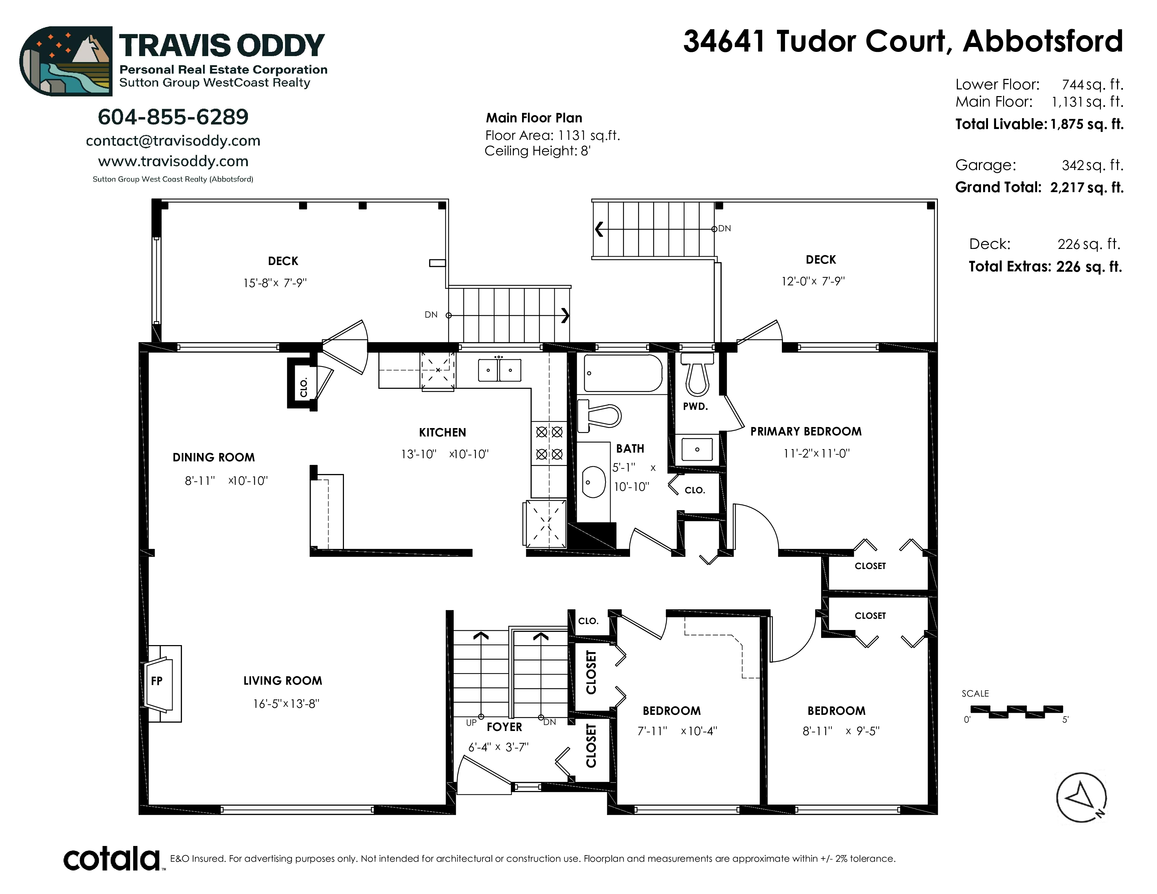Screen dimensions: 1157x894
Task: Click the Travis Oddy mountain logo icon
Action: tap(66, 61)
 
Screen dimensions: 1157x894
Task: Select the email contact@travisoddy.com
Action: tap(173, 141)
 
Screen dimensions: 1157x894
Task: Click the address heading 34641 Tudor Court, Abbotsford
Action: tap(903, 41)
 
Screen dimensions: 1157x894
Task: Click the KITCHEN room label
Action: tap(442, 433)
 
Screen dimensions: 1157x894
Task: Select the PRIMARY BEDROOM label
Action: tap(806, 432)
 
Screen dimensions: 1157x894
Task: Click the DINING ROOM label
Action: tap(214, 458)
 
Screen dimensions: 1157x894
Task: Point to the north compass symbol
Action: tap(1081, 798)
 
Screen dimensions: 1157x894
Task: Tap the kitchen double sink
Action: tap(499, 370)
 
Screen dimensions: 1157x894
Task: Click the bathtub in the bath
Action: tap(622, 373)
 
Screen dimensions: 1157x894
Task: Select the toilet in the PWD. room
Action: tap(697, 373)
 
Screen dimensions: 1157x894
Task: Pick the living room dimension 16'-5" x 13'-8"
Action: tap(286, 704)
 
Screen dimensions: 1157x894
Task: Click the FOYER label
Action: tap(504, 727)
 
